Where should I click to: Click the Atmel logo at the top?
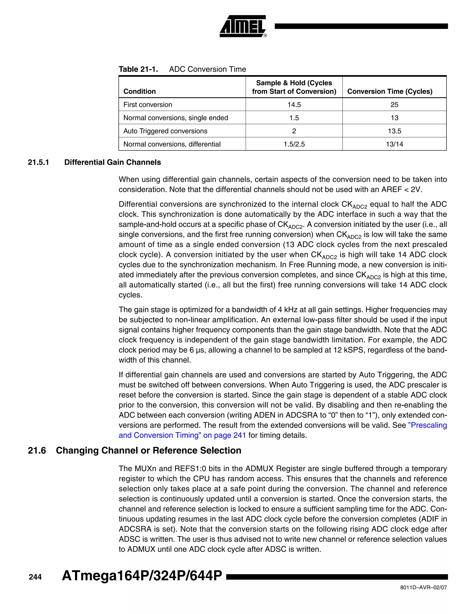tap(243, 26)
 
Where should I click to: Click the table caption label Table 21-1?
tap(138, 69)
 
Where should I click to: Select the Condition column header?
tap(139, 91)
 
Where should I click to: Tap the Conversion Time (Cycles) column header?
tap(390, 91)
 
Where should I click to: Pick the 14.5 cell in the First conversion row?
tap(294, 104)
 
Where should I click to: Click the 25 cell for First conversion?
tap(394, 104)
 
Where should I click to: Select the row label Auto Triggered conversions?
tap(165, 131)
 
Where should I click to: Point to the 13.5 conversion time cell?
tap(394, 131)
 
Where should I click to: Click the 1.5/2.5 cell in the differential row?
tap(294, 144)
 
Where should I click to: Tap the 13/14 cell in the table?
tap(394, 144)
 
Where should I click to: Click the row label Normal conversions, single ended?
tap(176, 118)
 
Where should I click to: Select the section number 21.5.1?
tap(38, 162)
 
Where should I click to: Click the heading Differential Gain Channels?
tap(112, 162)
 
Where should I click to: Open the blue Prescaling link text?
tap(427, 425)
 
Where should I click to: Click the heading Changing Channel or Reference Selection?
tap(149, 450)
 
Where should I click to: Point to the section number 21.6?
tap(37, 450)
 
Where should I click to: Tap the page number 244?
tap(35, 577)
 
